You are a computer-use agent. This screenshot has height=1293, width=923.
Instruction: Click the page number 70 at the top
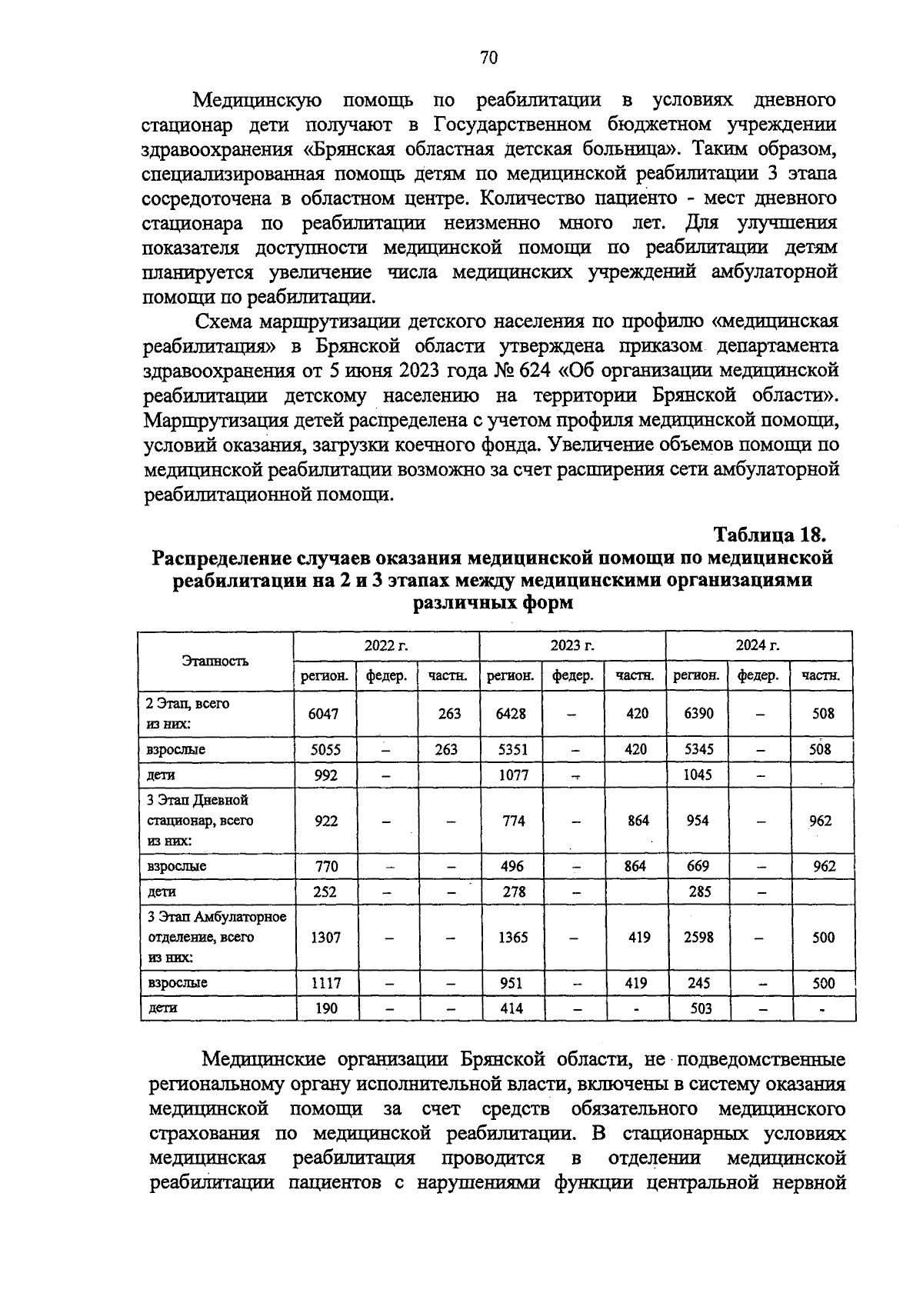[x=489, y=58]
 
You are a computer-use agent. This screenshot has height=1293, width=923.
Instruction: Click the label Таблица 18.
[x=771, y=534]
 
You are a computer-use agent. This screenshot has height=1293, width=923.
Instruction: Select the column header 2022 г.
[x=386, y=645]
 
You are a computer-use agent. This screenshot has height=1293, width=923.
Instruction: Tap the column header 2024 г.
[x=758, y=645]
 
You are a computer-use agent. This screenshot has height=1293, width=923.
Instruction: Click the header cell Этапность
[x=215, y=661]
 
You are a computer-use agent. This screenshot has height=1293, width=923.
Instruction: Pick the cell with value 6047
[x=323, y=713]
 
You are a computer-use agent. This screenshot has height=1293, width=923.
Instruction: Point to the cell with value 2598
[x=698, y=937]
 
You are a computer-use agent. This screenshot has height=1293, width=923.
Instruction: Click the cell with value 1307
[x=325, y=937]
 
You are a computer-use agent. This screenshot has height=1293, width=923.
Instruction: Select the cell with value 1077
[x=512, y=775]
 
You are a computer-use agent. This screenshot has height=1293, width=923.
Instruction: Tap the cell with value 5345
[x=698, y=749]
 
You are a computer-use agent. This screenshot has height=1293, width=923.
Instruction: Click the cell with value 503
[x=701, y=1008]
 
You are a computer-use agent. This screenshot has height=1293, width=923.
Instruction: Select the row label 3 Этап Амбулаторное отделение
[x=216, y=927]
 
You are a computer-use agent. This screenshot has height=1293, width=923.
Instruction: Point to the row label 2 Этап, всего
[x=188, y=703]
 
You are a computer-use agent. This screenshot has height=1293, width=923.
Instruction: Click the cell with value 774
[x=513, y=821]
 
